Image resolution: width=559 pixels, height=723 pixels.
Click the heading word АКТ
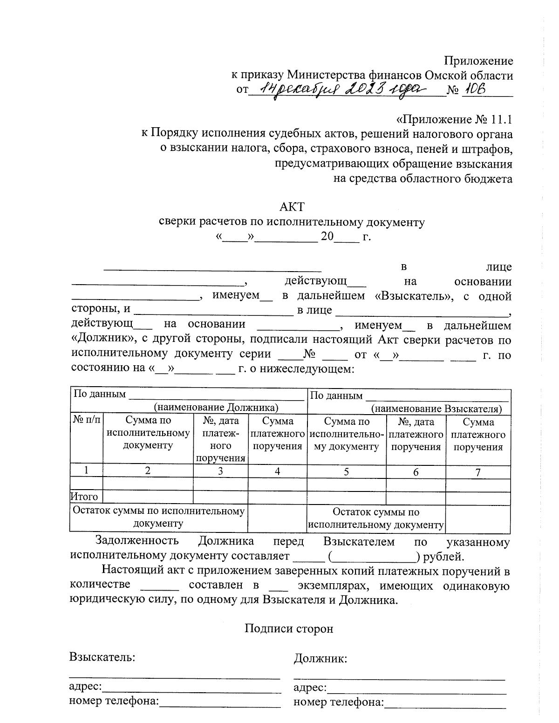click(x=292, y=206)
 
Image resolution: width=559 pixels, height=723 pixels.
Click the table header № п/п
click(x=86, y=421)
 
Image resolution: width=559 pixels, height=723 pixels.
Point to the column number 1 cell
click(x=86, y=471)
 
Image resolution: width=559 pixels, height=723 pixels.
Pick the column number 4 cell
click(x=277, y=471)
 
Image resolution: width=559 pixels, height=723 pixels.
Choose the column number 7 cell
click(x=478, y=472)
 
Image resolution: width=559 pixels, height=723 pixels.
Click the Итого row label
click(x=84, y=497)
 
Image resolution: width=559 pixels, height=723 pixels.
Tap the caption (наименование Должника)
click(x=216, y=408)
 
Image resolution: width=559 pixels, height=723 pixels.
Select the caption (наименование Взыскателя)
click(x=436, y=409)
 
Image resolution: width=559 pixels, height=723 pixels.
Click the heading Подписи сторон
click(x=289, y=629)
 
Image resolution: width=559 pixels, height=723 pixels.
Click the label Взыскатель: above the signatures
click(x=102, y=657)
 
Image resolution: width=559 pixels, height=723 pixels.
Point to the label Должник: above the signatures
click(x=320, y=659)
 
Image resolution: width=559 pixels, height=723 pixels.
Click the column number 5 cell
click(x=346, y=471)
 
